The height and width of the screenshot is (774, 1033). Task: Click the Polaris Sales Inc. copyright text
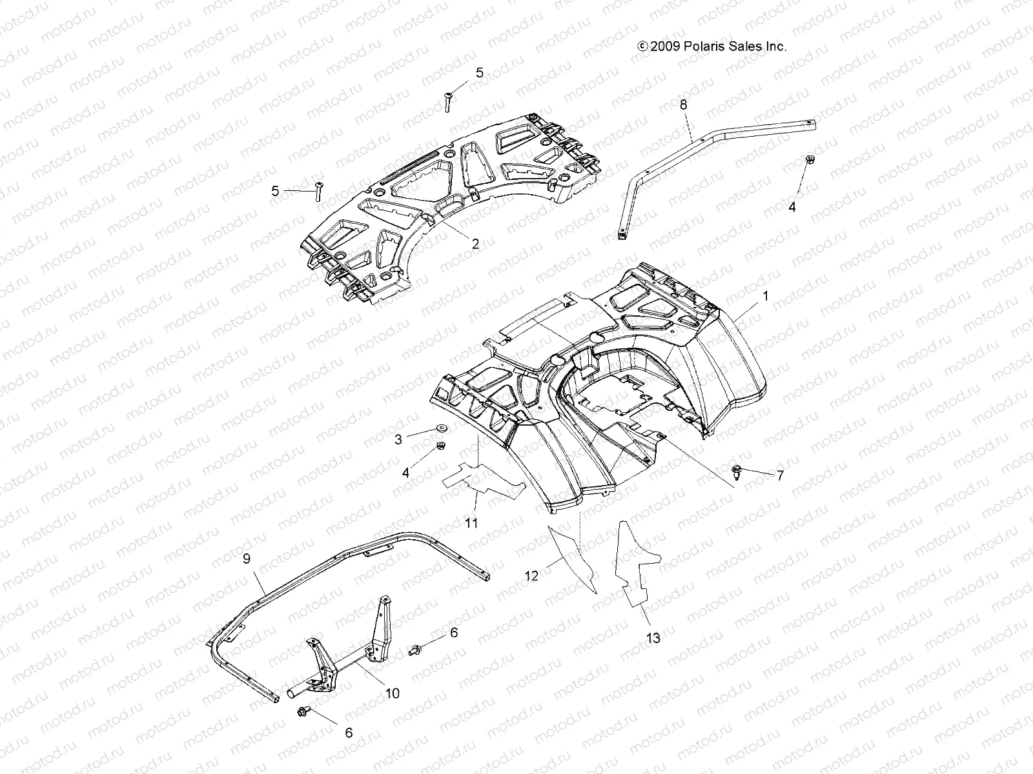pyautogui.click(x=711, y=46)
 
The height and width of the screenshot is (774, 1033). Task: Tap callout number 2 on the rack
pyautogui.click(x=475, y=244)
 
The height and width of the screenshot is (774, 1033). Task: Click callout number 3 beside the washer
pyautogui.click(x=398, y=439)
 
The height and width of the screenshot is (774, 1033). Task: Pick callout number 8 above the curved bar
pyautogui.click(x=683, y=104)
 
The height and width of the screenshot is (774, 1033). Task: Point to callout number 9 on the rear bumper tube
pyautogui.click(x=246, y=559)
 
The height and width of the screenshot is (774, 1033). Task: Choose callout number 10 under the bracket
pyautogui.click(x=392, y=693)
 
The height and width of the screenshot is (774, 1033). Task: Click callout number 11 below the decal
pyautogui.click(x=471, y=522)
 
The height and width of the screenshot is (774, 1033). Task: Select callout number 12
pyautogui.click(x=531, y=575)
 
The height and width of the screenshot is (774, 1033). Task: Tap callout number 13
pyautogui.click(x=653, y=638)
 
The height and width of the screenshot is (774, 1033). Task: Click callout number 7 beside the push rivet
pyautogui.click(x=779, y=475)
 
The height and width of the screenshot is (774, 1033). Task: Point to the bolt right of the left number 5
pyautogui.click(x=318, y=192)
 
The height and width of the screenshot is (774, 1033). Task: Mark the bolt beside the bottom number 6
pyautogui.click(x=303, y=711)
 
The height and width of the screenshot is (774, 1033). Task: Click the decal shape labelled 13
pyautogui.click(x=636, y=568)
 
